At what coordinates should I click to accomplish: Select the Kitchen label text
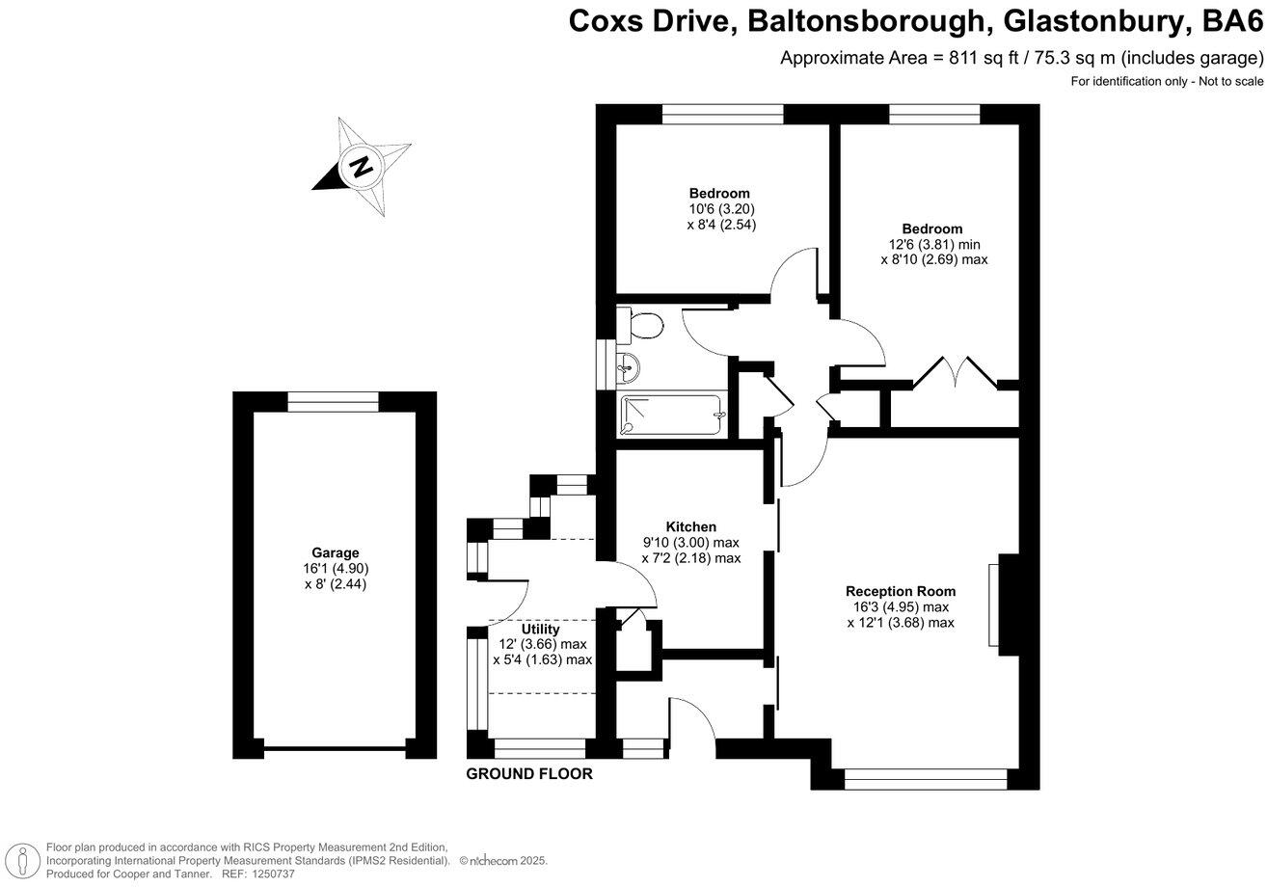click(x=690, y=526)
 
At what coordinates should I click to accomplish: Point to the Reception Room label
click(x=900, y=591)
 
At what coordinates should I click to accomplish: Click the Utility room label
click(x=540, y=630)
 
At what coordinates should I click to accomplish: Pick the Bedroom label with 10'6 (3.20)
click(x=718, y=193)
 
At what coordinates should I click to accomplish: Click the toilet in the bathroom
click(x=641, y=326)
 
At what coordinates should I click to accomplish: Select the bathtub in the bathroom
click(x=672, y=416)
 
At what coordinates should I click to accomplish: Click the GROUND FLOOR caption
click(x=528, y=774)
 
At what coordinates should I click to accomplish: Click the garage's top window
click(x=334, y=402)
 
